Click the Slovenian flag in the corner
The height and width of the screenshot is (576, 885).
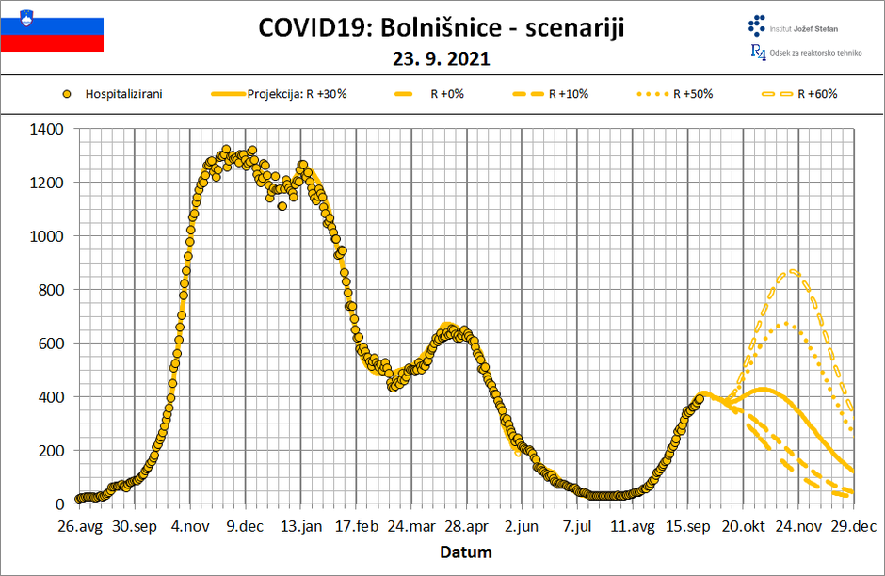(52, 30)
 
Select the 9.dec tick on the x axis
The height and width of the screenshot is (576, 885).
(245, 527)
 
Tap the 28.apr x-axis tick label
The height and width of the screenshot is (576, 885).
(466, 527)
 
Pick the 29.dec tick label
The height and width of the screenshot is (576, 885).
(854, 527)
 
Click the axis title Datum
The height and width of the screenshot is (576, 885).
(467, 552)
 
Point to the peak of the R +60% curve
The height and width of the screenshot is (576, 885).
(794, 271)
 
